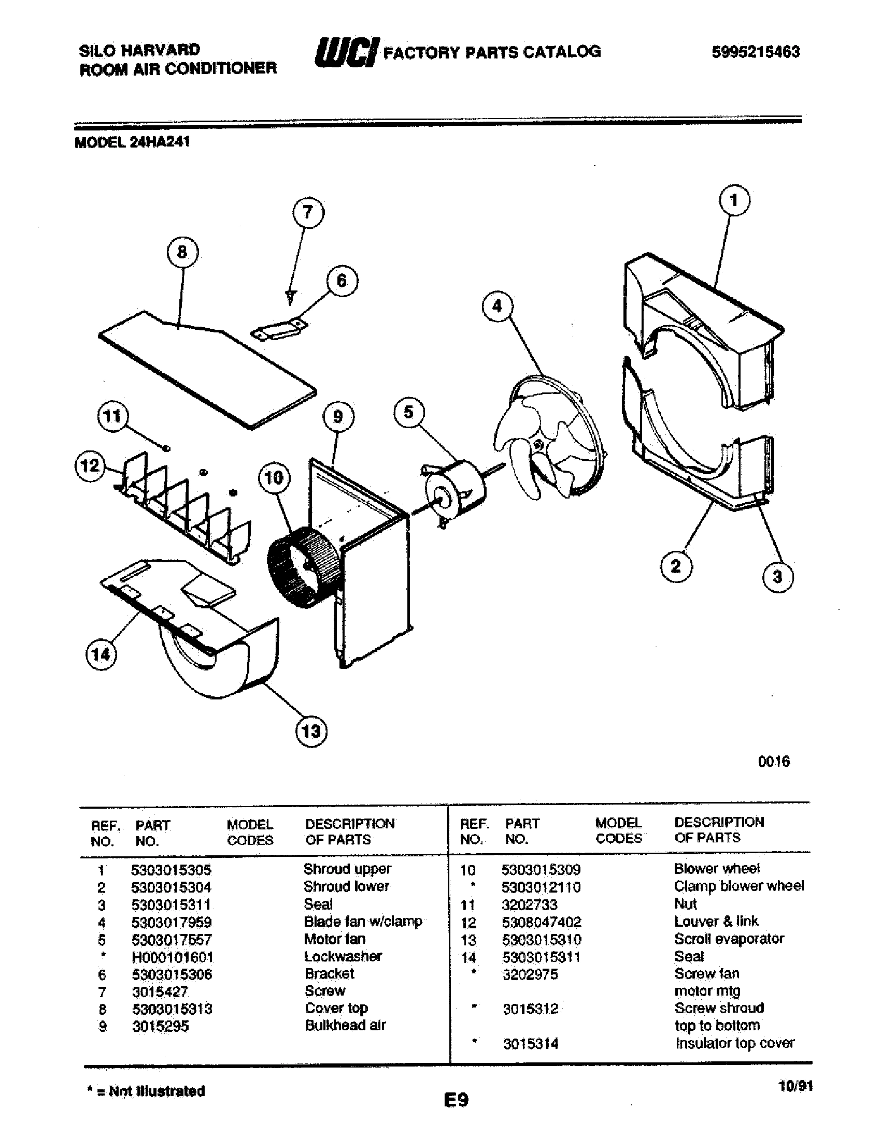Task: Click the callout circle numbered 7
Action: [x=307, y=213]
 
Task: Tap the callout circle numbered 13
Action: [x=311, y=731]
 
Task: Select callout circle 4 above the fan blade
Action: [x=497, y=306]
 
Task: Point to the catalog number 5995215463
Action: [x=756, y=52]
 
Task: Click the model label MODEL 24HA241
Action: [x=132, y=142]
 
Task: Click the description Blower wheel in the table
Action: [x=717, y=869]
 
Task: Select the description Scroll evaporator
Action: [x=729, y=939]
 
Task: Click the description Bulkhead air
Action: [x=345, y=1025]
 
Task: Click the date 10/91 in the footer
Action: [x=795, y=1086]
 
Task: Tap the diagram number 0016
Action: [x=774, y=762]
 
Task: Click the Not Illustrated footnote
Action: [x=146, y=1091]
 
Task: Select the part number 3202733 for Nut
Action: [x=530, y=904]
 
